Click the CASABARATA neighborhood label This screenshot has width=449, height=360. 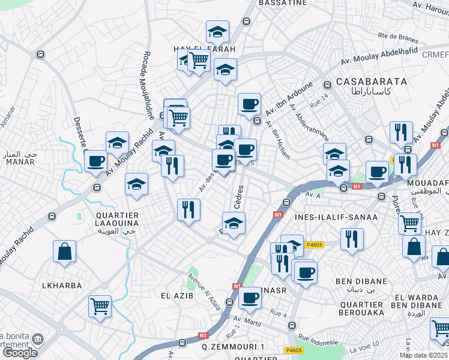click(x=372, y=81)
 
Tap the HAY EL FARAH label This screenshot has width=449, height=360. click(x=204, y=49)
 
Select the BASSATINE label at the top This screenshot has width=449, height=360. click(x=283, y=3)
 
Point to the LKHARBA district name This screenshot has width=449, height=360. click(x=61, y=286)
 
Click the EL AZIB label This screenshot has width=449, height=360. click(x=175, y=295)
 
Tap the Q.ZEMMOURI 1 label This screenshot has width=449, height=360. click(x=233, y=347)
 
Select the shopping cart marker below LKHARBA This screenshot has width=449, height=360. click(x=100, y=305)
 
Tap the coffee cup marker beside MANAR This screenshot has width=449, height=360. click(x=96, y=160)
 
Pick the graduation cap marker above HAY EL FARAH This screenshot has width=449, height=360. click(x=217, y=31)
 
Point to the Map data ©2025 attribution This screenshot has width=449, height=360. click(x=424, y=355)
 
